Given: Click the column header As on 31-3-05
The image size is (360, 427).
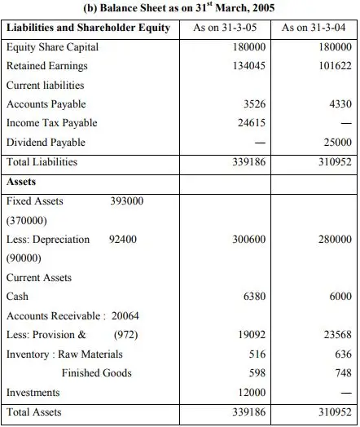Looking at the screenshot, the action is tap(225, 28).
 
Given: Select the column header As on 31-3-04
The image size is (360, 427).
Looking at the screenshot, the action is tap(314, 28).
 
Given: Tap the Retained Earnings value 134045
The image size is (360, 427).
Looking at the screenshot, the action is tap(249, 66).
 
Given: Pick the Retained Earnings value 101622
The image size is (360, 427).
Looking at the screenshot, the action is tap(336, 66).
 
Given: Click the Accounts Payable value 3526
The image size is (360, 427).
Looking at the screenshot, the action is tap(254, 104).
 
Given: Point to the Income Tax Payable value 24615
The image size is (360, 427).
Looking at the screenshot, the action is tap(252, 123).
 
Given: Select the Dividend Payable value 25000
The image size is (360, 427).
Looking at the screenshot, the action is tap(338, 142).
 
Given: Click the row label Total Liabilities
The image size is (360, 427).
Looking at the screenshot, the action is tap(42, 162).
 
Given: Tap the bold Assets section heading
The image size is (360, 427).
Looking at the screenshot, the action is tap(21, 182).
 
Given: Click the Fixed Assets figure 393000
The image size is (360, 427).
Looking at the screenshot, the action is tap(127, 201).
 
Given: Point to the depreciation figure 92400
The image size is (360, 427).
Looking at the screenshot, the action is tap(123, 239).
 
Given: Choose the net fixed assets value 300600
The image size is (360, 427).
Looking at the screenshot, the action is tap(249, 239).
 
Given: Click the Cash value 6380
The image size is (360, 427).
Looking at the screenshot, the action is tap(254, 297).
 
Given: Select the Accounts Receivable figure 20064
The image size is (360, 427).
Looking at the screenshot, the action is tap(125, 316).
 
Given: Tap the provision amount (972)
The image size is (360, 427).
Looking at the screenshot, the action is tap(126, 335).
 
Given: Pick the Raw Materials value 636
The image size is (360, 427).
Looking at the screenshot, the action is tap(344, 354).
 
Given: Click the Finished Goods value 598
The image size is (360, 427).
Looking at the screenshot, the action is tap(257, 372).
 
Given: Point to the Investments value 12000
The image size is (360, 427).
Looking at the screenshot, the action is tap(252, 393).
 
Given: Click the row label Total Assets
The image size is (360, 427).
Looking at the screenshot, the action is tap(34, 412).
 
